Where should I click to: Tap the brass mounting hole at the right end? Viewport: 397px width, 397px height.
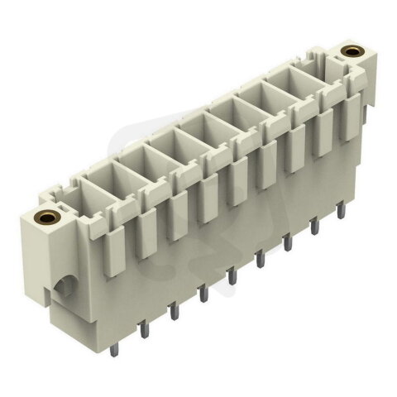click(x=354, y=52)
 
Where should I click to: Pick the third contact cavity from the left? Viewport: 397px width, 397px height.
click(x=164, y=154)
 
